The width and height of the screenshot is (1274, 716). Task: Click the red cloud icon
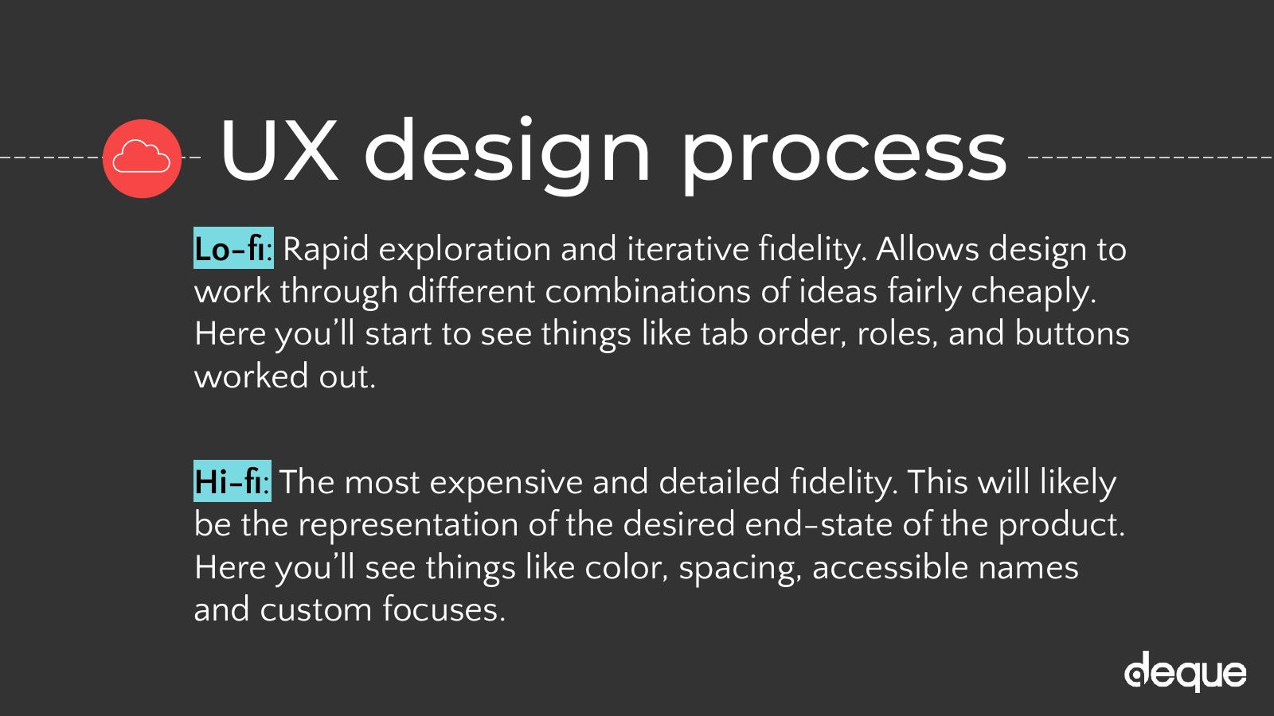[x=143, y=158]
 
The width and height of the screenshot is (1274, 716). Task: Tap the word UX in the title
[x=279, y=151]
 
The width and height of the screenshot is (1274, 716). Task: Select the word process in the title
[x=845, y=157]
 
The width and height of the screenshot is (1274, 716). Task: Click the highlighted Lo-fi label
[x=233, y=248]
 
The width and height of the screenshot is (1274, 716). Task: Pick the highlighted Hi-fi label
[x=232, y=481]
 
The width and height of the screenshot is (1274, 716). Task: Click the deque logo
[x=1186, y=671]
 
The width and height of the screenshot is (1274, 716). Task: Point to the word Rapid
[x=326, y=250]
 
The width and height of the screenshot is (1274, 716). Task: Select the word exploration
[x=465, y=250]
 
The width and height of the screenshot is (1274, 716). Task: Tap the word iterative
[x=688, y=249]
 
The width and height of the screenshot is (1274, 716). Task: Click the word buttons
[x=1072, y=334]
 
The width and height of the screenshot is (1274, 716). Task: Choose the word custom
[x=315, y=610]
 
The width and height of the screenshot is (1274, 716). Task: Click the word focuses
[x=444, y=609]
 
